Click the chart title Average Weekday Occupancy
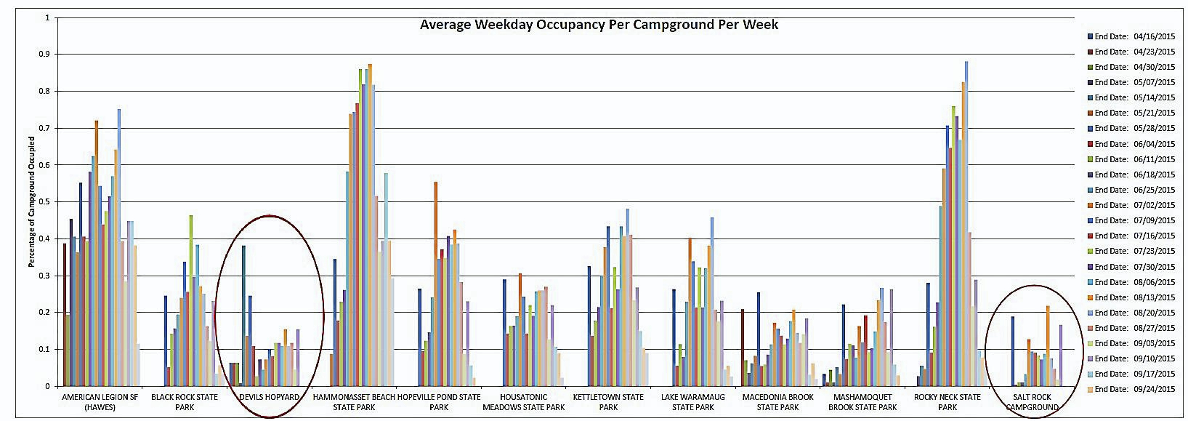coord(599,25)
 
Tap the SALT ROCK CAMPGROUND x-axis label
coord(1033,402)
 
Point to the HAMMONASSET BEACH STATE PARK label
coord(354,402)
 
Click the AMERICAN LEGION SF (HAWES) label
coord(101,402)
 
